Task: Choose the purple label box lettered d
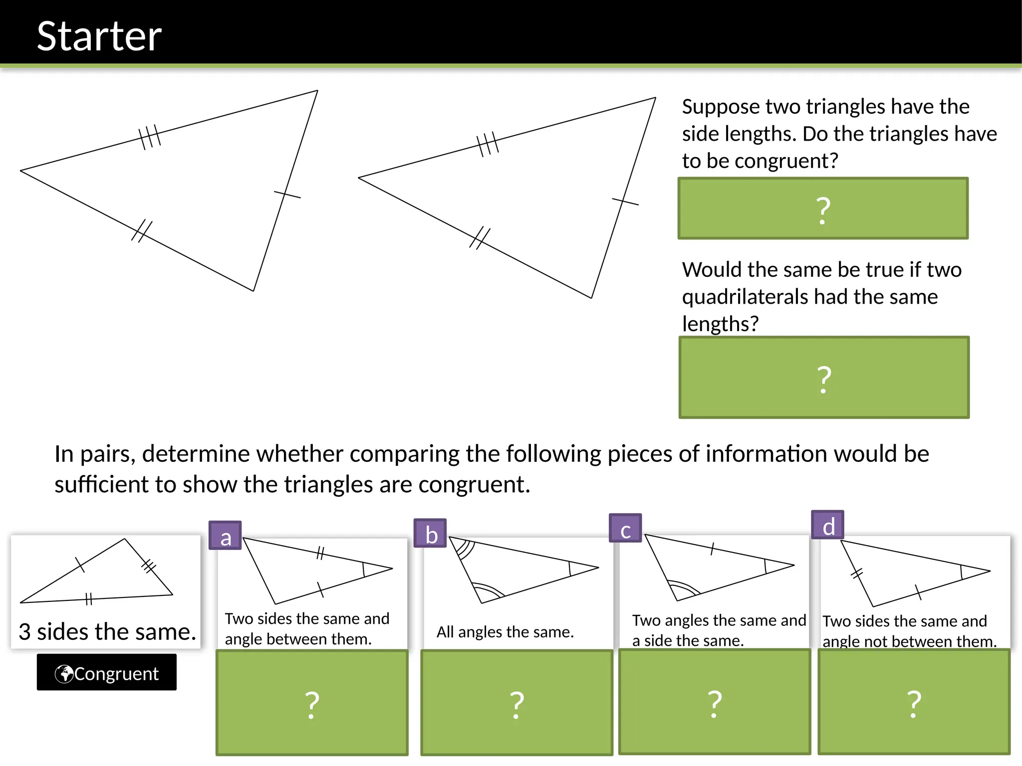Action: (x=827, y=525)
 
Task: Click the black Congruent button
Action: (x=107, y=673)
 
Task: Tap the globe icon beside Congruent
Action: (x=64, y=674)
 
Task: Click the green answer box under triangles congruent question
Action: (x=823, y=208)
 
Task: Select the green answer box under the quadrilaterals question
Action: (x=824, y=378)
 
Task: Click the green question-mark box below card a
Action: (x=312, y=703)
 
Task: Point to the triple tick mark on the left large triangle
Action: (x=149, y=137)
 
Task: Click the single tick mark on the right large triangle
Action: (x=625, y=201)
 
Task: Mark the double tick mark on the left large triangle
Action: (x=142, y=231)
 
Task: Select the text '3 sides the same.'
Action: (x=107, y=632)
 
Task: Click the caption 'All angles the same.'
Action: (x=505, y=632)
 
